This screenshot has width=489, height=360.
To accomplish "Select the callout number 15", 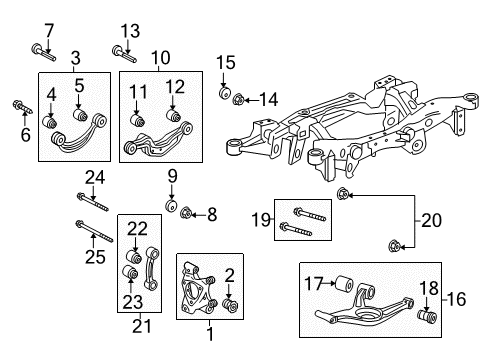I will tap(225, 62).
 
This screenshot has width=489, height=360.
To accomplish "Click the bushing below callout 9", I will tap(171, 207).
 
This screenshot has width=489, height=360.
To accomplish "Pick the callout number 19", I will tap(259, 218).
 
